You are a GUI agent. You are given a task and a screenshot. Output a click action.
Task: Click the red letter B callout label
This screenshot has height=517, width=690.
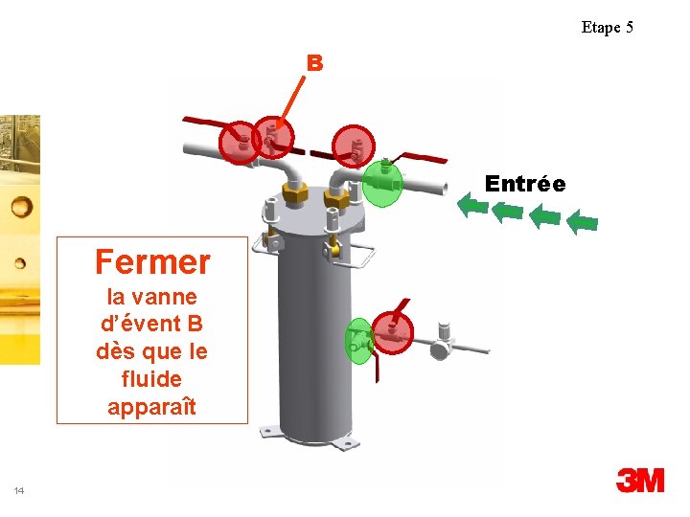(x=314, y=63)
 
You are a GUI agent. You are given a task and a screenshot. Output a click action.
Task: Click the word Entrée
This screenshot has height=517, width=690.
(x=524, y=183)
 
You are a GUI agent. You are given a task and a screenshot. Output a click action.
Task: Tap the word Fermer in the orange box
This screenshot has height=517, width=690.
(x=152, y=260)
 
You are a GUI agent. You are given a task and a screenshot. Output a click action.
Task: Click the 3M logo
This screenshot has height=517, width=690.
(x=639, y=480)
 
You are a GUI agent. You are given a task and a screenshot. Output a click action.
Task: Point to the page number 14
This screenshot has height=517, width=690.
(x=19, y=491)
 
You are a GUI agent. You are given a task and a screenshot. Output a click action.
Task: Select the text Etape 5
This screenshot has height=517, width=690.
(x=607, y=27)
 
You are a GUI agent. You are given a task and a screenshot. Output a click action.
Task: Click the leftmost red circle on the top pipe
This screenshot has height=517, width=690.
(x=239, y=143)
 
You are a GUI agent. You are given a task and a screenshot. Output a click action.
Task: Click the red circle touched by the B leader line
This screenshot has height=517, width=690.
(x=272, y=139)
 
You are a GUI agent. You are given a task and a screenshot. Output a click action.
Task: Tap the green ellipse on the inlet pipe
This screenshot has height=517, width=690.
(x=381, y=181)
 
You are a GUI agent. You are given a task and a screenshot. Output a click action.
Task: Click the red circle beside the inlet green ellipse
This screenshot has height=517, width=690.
(x=356, y=146)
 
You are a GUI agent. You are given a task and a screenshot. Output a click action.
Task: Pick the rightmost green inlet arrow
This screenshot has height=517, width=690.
(x=582, y=223)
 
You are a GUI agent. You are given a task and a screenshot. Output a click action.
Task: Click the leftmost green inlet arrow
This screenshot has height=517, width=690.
(x=471, y=205)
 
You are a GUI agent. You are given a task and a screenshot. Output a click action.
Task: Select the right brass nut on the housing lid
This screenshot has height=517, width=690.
(x=335, y=198)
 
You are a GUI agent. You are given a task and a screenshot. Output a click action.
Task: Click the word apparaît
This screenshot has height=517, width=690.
(x=151, y=406)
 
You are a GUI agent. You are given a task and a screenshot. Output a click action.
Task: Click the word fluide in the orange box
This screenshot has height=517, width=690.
(x=151, y=378)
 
